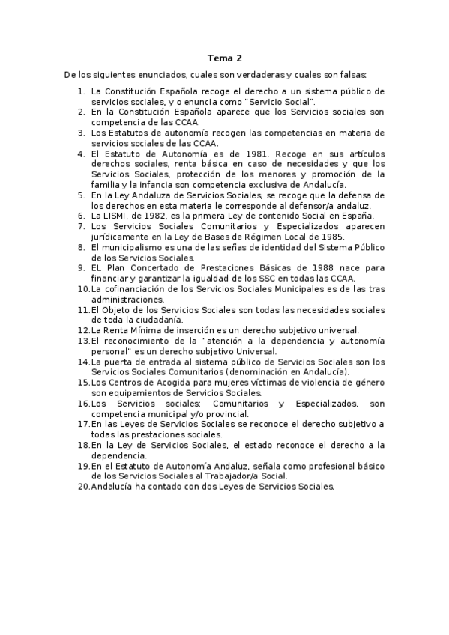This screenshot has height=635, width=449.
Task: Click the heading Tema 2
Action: [225, 58]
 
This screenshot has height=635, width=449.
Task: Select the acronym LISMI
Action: [119, 216]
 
